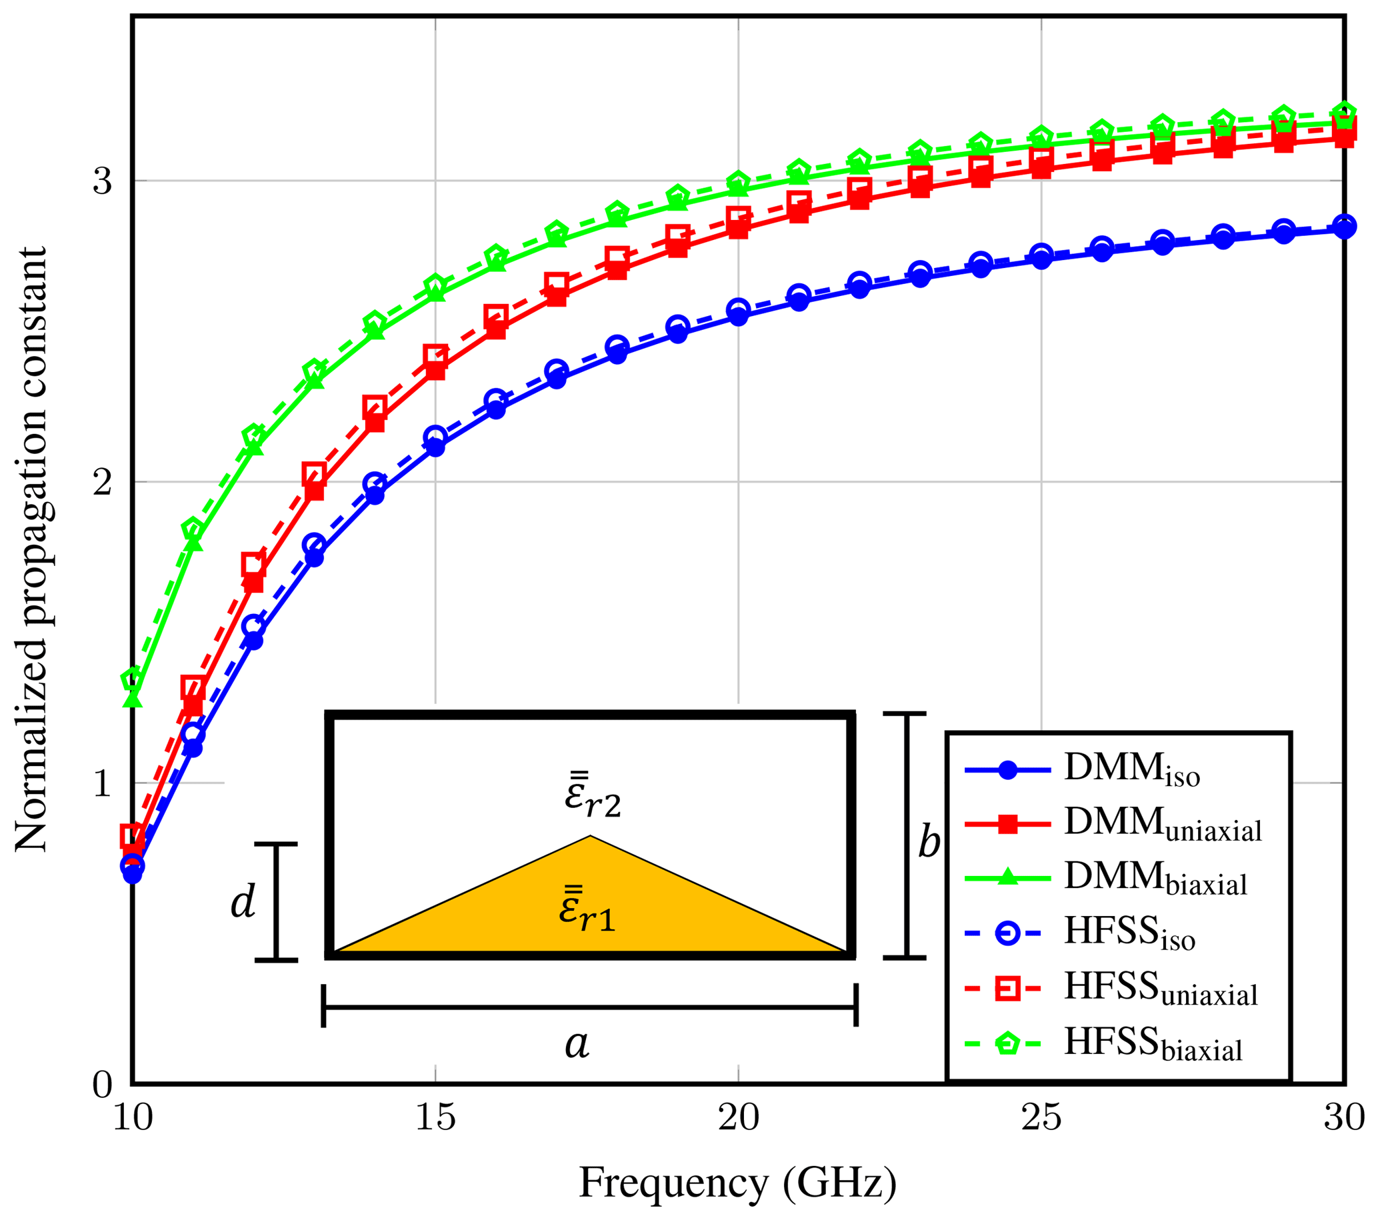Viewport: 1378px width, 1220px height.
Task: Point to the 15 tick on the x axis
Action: point(435,1118)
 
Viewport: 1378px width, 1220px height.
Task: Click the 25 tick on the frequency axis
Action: point(1041,1118)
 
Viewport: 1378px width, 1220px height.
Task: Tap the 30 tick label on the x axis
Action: point(1343,1118)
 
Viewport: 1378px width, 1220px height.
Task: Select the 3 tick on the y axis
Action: point(103,181)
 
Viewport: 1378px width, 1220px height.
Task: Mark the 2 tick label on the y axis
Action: point(103,482)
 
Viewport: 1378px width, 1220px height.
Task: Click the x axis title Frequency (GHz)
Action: point(737,1183)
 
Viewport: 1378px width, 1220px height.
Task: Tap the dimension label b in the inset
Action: point(929,843)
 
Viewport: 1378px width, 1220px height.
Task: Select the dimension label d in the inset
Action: point(243,902)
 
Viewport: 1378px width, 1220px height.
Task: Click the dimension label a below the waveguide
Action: point(577,1044)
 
